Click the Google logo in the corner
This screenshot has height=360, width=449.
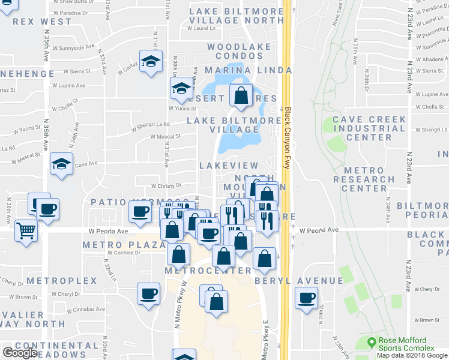(x=20, y=353)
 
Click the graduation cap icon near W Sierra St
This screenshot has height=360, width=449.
(x=151, y=61)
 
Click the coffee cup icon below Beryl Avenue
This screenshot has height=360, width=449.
(x=307, y=298)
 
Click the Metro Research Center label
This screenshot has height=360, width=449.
(x=364, y=179)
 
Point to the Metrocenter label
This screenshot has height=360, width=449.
(x=208, y=271)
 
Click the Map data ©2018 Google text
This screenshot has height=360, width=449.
(x=412, y=355)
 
